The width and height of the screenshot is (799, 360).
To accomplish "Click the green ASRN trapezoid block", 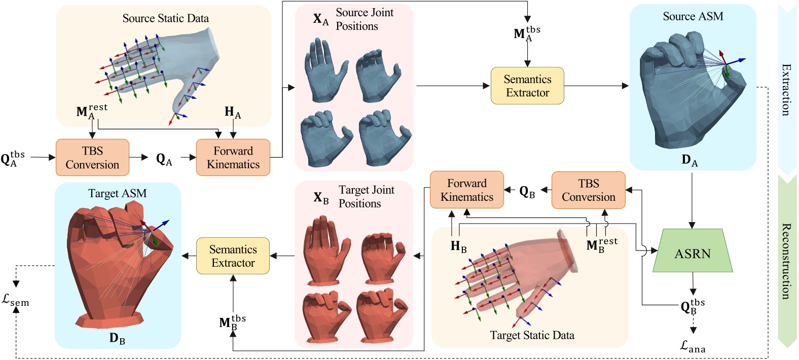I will pyautogui.click(x=692, y=252).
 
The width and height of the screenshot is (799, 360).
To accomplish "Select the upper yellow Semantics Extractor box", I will pyautogui.click(x=527, y=86).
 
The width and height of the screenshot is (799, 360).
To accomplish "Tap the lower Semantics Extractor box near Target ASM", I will pyautogui.click(x=233, y=256).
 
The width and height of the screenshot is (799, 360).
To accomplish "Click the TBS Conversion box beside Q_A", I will pyautogui.click(x=92, y=158).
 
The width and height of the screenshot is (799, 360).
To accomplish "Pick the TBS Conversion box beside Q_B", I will pyautogui.click(x=588, y=190).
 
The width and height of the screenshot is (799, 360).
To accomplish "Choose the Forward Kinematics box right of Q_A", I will pyautogui.click(x=233, y=158).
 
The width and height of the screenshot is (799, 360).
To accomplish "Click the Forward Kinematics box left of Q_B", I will pyautogui.click(x=466, y=190).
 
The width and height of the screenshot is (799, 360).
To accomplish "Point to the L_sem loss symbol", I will pyautogui.click(x=15, y=300).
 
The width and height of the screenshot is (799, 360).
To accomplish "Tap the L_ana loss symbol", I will pyautogui.click(x=693, y=346).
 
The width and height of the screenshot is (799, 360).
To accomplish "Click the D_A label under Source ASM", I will pyautogui.click(x=689, y=160).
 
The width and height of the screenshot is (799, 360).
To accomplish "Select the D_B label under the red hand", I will pyautogui.click(x=117, y=338).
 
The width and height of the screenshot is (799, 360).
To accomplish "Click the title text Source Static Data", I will pyautogui.click(x=165, y=18).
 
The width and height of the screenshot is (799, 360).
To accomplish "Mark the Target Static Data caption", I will pyautogui.click(x=532, y=335).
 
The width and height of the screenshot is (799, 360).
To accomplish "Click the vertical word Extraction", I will pyautogui.click(x=786, y=90).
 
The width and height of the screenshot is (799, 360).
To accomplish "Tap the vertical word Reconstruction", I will pyautogui.click(x=786, y=261).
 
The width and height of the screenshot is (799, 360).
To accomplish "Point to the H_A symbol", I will pyautogui.click(x=233, y=113).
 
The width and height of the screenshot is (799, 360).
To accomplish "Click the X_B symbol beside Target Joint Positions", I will pyautogui.click(x=321, y=198).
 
